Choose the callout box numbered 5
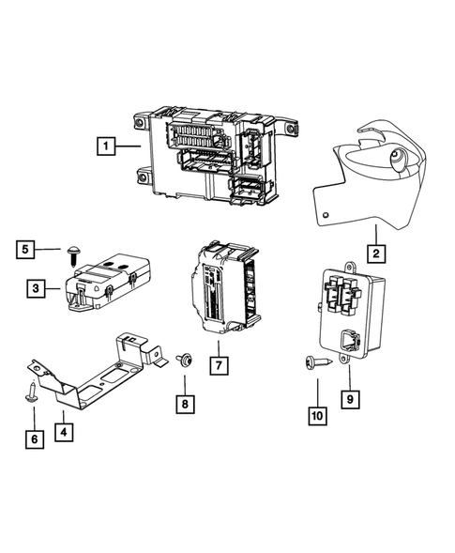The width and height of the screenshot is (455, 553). (x=27, y=249)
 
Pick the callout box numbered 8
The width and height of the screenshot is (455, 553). (x=184, y=405)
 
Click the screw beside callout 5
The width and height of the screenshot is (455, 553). (x=73, y=251)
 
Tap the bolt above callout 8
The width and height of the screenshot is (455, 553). (x=183, y=359)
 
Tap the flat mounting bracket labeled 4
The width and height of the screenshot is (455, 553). (x=94, y=371)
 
